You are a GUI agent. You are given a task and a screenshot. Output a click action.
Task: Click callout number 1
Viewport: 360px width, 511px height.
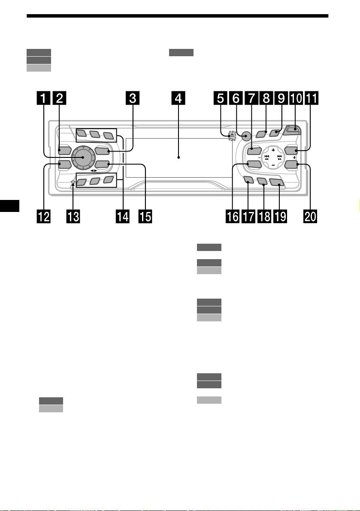point(44,98)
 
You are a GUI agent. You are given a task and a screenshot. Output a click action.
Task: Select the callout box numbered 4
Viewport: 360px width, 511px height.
point(178,98)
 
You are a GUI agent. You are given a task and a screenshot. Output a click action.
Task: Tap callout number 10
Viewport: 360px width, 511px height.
point(296,98)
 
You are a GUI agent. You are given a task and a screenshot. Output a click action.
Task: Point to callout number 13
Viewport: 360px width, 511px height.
point(73,216)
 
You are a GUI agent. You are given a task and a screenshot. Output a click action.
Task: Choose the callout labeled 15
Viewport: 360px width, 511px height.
point(145,216)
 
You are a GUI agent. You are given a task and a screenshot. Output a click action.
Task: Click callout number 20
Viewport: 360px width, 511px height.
point(310,216)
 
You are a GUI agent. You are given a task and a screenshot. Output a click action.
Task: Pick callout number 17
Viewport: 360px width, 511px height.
point(248,216)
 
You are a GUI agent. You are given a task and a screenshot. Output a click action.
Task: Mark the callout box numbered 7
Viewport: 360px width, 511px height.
point(251,98)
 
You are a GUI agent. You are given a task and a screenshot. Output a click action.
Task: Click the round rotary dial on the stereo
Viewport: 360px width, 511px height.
point(83,157)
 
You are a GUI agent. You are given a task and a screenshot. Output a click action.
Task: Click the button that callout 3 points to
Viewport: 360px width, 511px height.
point(102,151)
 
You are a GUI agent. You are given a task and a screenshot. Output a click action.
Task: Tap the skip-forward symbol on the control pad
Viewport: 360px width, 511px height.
point(279,157)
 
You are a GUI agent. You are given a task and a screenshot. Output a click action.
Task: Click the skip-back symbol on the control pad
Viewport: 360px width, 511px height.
point(266,157)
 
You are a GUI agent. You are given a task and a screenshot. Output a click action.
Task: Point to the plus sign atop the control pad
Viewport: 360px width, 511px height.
point(273,150)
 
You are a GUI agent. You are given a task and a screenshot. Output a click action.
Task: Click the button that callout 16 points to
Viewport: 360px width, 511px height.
point(253,165)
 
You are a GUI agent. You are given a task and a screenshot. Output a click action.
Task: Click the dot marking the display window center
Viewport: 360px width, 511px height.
point(178,157)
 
